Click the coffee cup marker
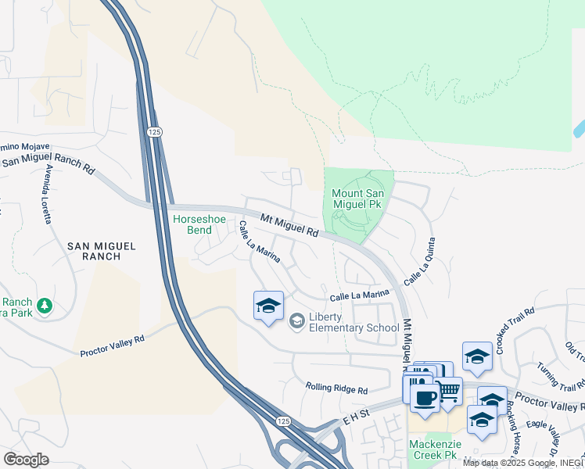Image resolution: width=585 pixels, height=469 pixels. coord(425,397)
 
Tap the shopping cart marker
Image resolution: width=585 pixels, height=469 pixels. coord(448,388)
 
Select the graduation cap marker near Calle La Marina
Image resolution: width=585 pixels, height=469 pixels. coord(268,306)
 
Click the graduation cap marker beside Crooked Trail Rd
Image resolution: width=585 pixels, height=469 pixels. coord(477,356)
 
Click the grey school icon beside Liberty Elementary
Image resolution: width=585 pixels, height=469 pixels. coord(296,320)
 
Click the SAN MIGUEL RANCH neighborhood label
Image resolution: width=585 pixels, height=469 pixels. coord(101,251)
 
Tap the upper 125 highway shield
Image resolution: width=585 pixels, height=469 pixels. coord(153,133)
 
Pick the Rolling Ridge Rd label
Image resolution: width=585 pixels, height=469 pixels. coord(336,389)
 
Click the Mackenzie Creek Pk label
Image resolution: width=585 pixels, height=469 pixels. coord(432,449)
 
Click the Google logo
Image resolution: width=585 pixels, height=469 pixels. coord(26,460)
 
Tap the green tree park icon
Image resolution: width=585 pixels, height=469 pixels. coord(45,304)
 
